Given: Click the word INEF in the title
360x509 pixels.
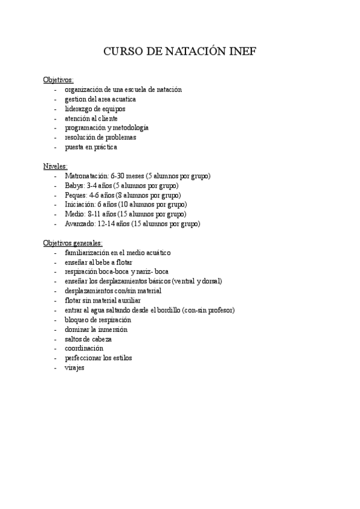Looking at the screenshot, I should tap(242, 52).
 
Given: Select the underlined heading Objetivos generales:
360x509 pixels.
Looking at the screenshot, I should tap(73, 243).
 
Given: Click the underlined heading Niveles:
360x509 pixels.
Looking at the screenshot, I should tap(55, 166).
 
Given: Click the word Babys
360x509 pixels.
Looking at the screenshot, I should tap(74, 185).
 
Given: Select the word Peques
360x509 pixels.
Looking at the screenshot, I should tap(76, 195).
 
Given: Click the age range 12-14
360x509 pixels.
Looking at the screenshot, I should tap(107, 224).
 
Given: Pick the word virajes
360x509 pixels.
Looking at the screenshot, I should tap(75, 368).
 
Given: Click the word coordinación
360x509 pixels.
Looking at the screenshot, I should tap(84, 349).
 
